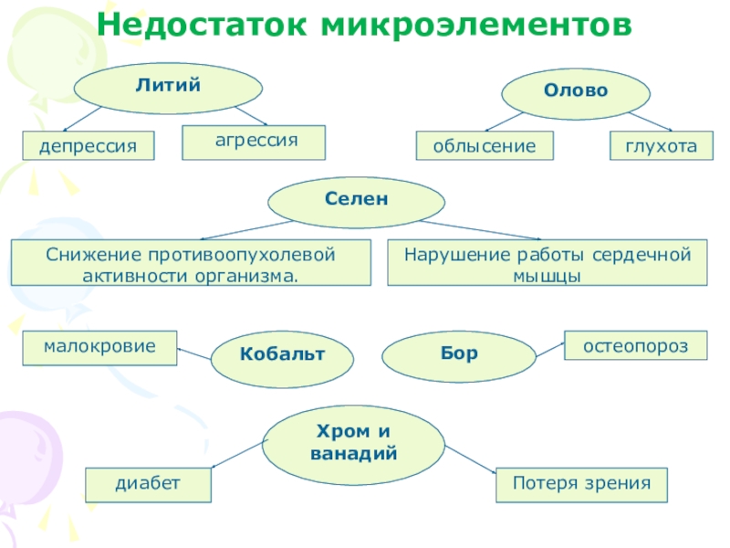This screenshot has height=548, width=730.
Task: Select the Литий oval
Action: pos(168,88)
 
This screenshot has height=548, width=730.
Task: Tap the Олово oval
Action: pos(577,92)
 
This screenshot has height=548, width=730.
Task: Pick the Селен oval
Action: pos(357,201)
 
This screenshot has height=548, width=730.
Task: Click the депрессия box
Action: pos(88,145)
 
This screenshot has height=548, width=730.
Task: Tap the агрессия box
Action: pos(254,141)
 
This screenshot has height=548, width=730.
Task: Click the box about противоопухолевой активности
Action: pos(191,262)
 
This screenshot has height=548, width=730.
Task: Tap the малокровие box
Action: pos(99,347)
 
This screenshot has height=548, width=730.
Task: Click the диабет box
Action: pos(148,484)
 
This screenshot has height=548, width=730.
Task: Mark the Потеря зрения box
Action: pos(581,484)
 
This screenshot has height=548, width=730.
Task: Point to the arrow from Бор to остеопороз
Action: pos(549,348)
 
